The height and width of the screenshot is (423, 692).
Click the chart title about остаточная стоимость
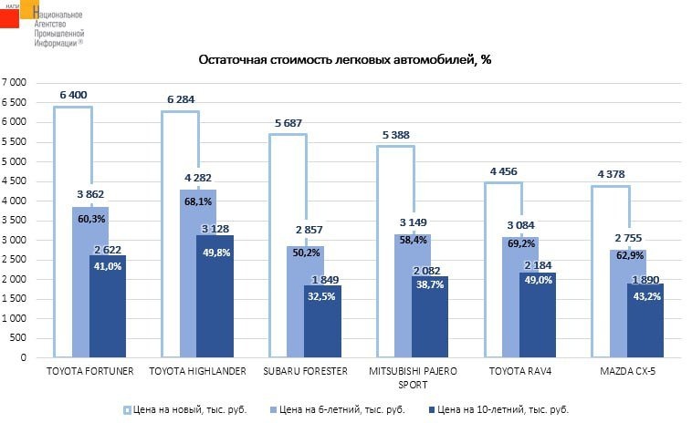coord(345,59)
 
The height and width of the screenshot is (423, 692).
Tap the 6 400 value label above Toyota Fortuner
coord(73,95)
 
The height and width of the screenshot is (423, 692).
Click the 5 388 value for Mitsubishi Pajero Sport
coord(396,135)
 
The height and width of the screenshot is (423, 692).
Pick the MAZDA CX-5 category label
coord(627,371)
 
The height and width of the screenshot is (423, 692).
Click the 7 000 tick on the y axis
coord(14,83)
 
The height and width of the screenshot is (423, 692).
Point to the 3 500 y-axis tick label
coord(14,221)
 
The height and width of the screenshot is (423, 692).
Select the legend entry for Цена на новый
coord(184,409)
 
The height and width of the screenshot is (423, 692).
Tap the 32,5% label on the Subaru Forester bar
coord(323,296)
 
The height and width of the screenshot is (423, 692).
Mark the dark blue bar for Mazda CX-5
coord(645,319)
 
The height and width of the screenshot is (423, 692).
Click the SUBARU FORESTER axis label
coord(305,371)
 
